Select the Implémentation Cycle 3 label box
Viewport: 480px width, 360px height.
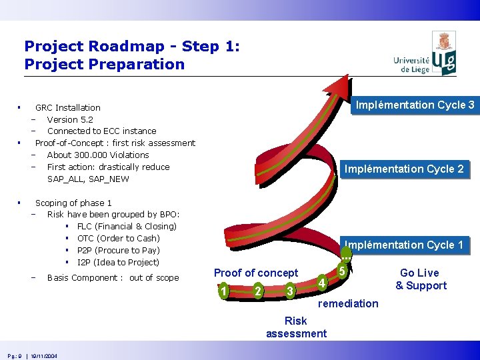click(x=415, y=105)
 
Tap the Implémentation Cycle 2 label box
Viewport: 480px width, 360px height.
click(x=403, y=169)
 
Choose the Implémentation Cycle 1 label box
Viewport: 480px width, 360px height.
click(x=403, y=245)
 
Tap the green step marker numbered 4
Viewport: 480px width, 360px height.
click(x=321, y=283)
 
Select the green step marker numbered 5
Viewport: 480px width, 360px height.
click(x=341, y=271)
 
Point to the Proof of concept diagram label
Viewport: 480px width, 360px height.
click(x=256, y=273)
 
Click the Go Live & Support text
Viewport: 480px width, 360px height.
click(x=421, y=279)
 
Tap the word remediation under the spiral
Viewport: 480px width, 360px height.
click(x=348, y=304)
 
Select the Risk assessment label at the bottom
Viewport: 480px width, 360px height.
click(x=296, y=327)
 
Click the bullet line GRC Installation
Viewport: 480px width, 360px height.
click(x=68, y=107)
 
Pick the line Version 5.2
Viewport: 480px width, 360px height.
click(x=70, y=119)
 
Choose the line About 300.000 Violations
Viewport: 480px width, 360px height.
click(x=98, y=155)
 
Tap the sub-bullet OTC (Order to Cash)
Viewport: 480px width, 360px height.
click(x=118, y=238)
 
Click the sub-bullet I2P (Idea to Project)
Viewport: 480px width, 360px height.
click(x=118, y=262)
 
